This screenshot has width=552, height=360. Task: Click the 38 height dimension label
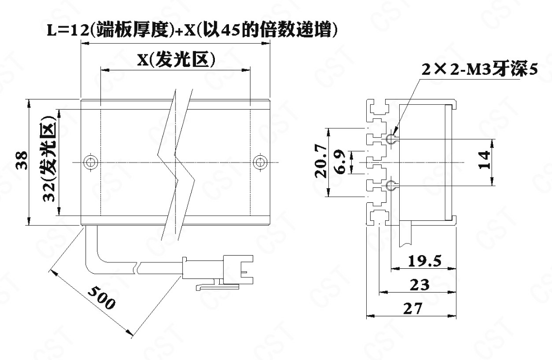pos(22,160)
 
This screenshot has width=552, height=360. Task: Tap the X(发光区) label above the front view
pos(176,59)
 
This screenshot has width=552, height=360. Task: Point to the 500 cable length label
pos(101,297)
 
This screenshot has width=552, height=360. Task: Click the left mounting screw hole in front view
pos(91,162)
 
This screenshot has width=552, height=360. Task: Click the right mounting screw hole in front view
pos(260,162)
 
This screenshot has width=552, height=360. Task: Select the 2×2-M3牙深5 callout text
pos(479,70)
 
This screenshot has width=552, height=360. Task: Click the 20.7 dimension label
pos(321,162)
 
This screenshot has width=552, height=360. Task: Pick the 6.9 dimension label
pos(341,162)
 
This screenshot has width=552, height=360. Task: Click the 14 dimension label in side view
pos(485,160)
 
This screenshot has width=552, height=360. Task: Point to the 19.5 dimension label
pos(424,261)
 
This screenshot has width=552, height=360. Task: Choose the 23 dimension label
pos(420,284)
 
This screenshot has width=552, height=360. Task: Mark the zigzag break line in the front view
pos(176,162)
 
